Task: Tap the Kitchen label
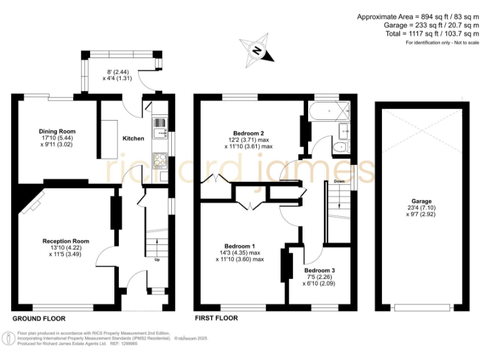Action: click(x=132, y=138)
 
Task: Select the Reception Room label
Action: click(x=66, y=241)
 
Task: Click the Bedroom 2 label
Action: click(x=249, y=133)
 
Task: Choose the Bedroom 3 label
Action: click(x=319, y=271)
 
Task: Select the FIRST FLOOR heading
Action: click(x=216, y=318)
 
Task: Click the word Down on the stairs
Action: click(x=339, y=182)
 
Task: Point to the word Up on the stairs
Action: click(x=156, y=259)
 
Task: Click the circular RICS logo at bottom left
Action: click(x=8, y=338)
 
